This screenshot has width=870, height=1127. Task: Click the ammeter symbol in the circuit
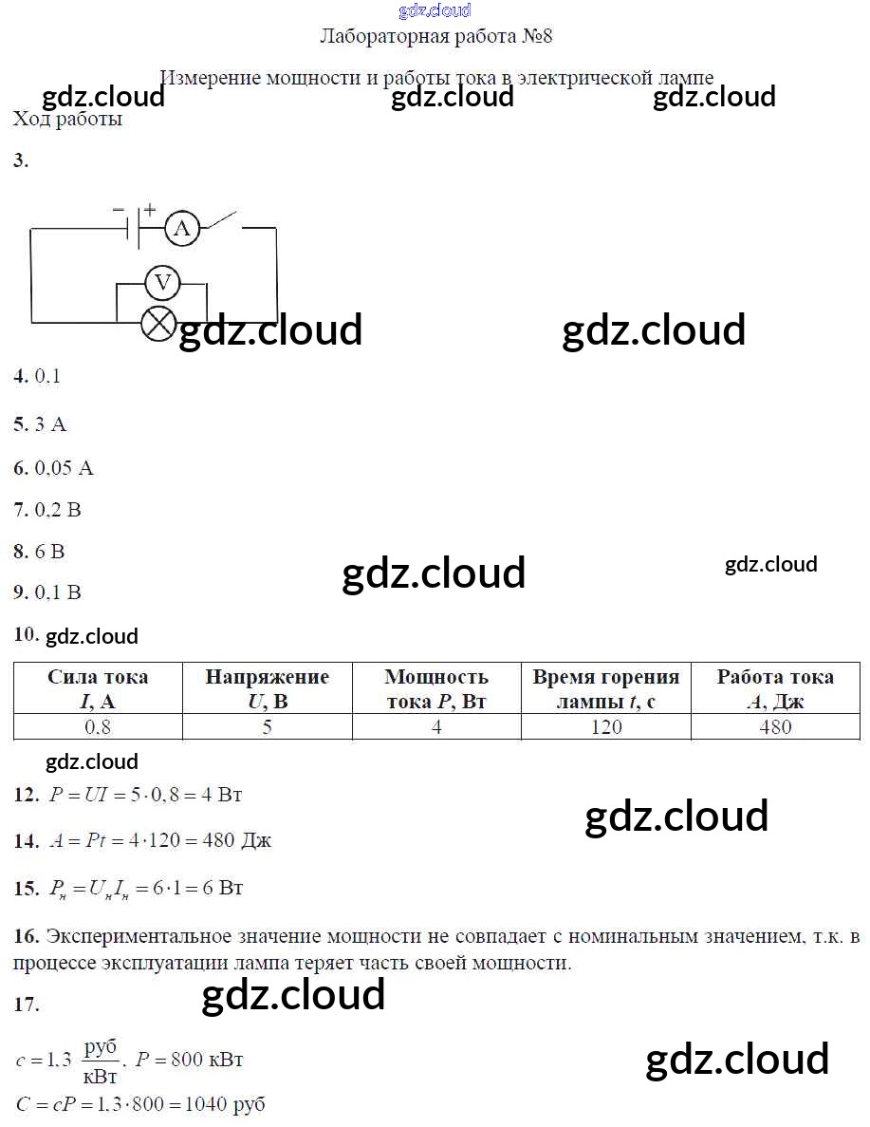click(182, 228)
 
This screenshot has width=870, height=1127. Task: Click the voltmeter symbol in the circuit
click(162, 282)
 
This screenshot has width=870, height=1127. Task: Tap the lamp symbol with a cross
click(157, 322)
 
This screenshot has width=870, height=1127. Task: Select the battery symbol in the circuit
click(135, 227)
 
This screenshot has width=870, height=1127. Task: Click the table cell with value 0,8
click(98, 727)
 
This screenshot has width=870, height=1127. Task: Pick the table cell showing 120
click(605, 727)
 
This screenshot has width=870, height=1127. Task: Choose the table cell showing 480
click(775, 727)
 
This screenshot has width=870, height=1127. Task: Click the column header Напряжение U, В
click(267, 689)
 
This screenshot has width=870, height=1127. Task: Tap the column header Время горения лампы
click(605, 689)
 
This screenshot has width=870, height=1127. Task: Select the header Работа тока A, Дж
click(775, 689)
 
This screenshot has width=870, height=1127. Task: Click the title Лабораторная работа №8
click(436, 37)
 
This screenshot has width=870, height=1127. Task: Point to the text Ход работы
click(67, 120)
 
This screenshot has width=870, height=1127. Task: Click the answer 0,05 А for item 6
click(65, 468)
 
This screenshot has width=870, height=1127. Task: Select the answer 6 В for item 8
click(50, 551)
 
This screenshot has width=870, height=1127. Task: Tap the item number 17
click(27, 1005)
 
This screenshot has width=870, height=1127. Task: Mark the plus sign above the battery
click(150, 209)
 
